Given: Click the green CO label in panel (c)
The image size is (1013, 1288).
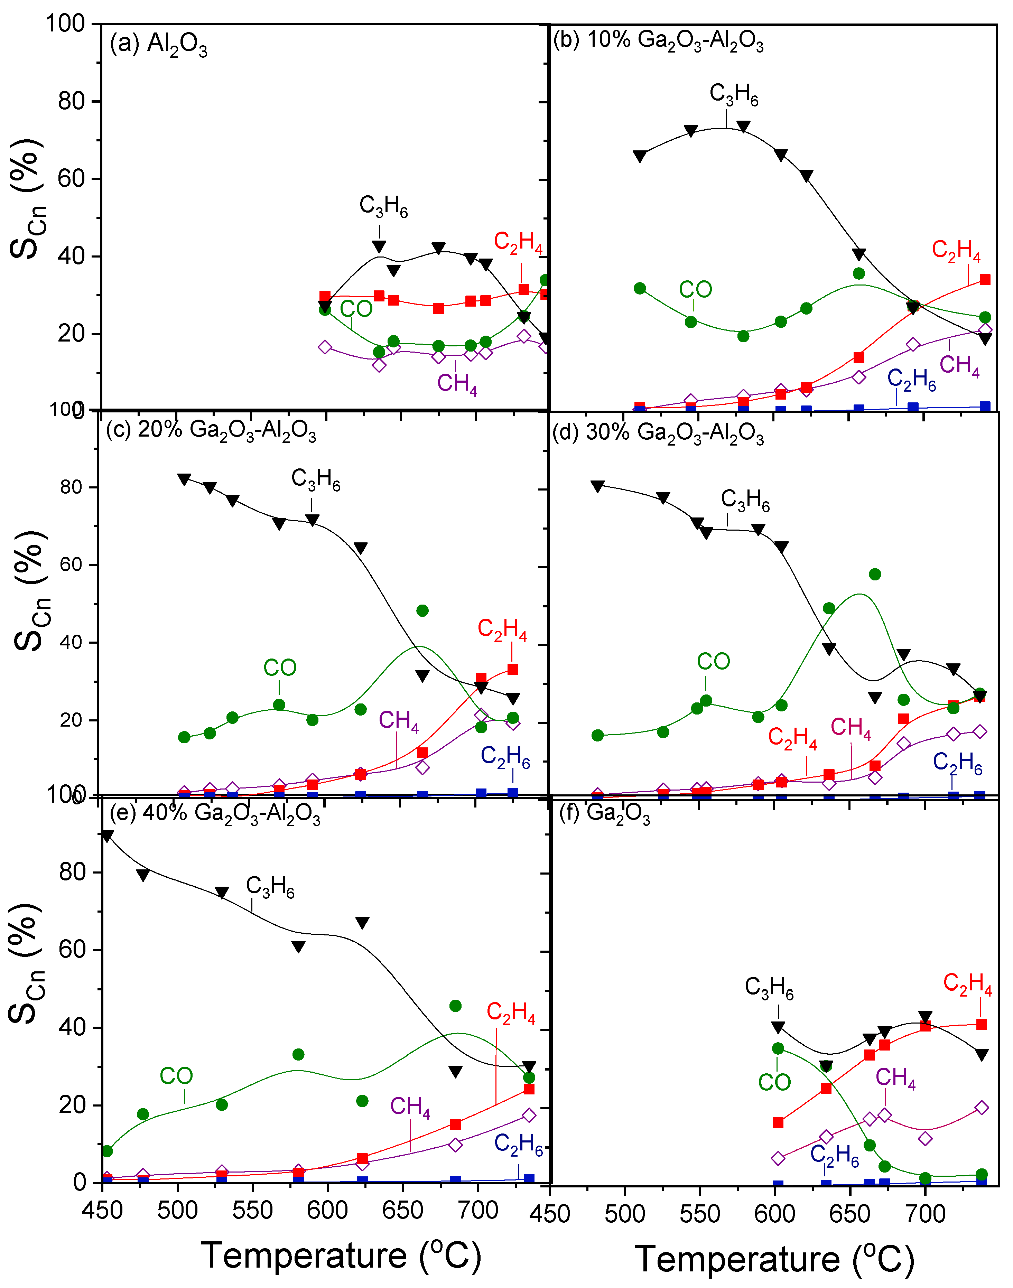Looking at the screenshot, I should (279, 668).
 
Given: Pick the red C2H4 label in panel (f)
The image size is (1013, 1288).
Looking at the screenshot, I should (967, 984).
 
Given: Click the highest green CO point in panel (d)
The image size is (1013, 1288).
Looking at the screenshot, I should (875, 574).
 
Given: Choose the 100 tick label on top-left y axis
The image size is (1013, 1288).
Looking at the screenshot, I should (65, 24).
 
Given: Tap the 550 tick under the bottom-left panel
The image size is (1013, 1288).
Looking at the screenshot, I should (253, 1210).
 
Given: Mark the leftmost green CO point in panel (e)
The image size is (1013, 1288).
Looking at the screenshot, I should (107, 1151).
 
